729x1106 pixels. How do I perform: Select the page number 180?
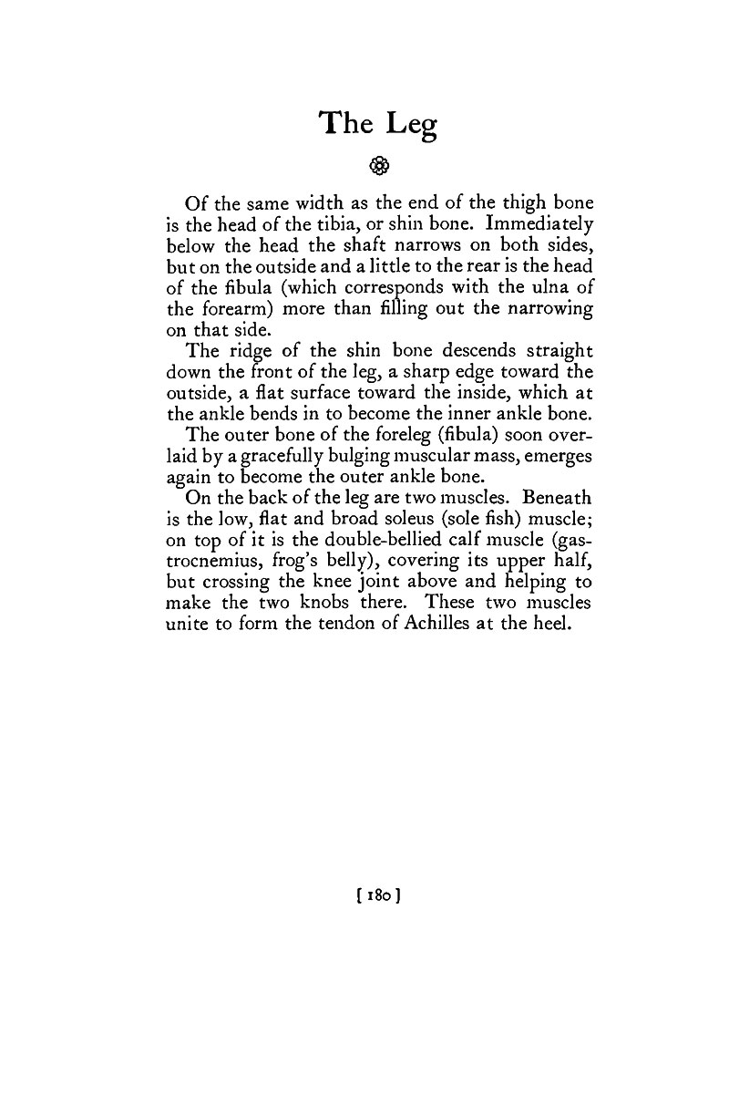click(x=379, y=895)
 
